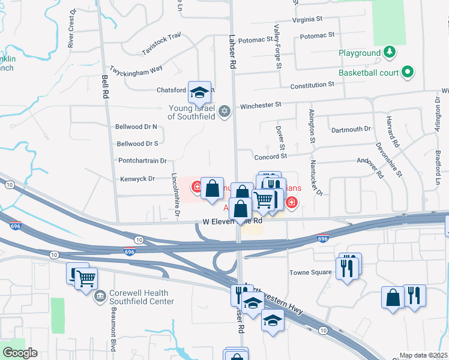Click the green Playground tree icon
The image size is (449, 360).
tap(390, 52)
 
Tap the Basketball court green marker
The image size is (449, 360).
tap(408, 73)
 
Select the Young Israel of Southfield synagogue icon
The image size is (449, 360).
tap(224, 111)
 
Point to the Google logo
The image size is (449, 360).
tap(20, 353)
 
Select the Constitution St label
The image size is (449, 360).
tap(312, 86)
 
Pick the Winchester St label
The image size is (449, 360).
tap(261, 106)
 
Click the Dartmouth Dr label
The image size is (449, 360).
tap(351, 129)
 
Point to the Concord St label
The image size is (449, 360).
tap(270, 157)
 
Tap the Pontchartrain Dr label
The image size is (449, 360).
tap(142, 161)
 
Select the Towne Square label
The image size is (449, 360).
tap(311, 272)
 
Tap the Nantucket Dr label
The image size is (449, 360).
tap(316, 178)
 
